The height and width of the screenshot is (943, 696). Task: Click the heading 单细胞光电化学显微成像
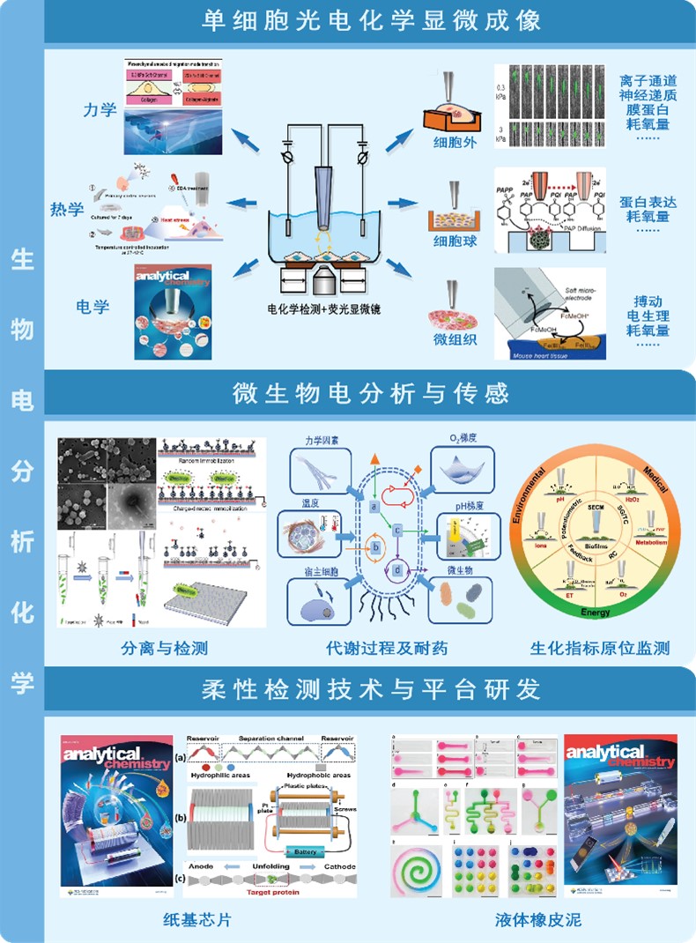coord(371,19)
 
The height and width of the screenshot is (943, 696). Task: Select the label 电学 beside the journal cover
coord(93,307)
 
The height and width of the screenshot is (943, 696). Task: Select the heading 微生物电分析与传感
coord(371,391)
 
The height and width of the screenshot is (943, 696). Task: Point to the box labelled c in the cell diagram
coord(398,530)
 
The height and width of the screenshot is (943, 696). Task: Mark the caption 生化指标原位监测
coord(600,649)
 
